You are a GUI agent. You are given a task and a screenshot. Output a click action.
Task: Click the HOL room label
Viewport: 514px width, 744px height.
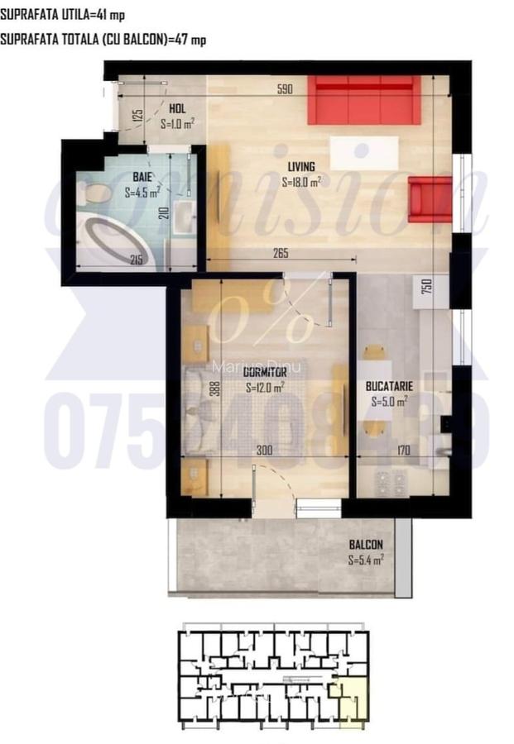tap(177, 108)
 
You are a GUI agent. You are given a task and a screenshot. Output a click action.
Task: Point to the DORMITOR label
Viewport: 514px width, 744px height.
tap(265, 372)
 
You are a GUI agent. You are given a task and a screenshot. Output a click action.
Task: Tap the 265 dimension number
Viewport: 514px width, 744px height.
tap(278, 254)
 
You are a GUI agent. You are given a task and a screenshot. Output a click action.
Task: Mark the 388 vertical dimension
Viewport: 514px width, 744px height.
tap(214, 389)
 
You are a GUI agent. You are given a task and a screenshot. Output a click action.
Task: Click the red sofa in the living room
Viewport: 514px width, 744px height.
tap(364, 100)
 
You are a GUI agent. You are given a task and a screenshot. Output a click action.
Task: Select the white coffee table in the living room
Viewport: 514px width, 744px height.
tap(362, 154)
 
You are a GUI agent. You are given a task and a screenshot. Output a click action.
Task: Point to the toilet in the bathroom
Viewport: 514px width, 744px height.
tap(94, 194)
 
